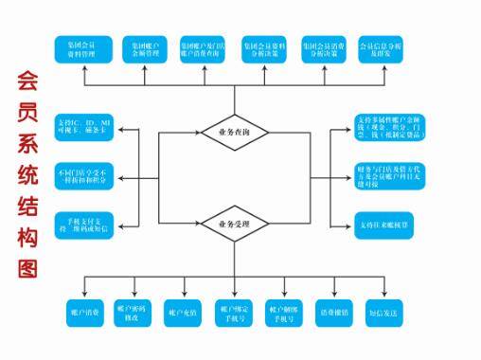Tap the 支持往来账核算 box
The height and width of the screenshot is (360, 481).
pyautogui.click(x=386, y=224)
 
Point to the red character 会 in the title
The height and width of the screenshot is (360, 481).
pyautogui.click(x=27, y=81)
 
